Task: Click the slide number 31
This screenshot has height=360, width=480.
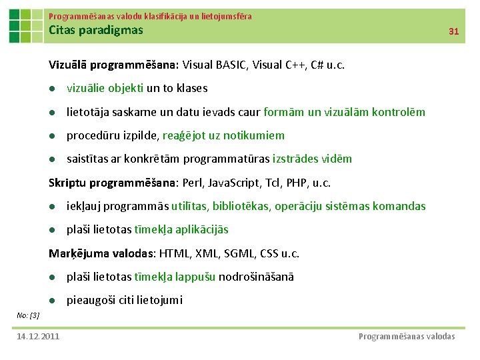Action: coord(454,31)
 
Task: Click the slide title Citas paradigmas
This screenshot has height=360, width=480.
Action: coord(96,30)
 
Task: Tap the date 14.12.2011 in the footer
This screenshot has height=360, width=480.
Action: coord(38,336)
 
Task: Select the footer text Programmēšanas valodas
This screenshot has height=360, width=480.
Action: coord(407,336)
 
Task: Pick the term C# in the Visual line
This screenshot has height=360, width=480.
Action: coord(311,65)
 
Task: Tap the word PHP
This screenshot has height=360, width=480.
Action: coord(291,183)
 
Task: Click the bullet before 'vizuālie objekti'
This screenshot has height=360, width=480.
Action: coord(52,89)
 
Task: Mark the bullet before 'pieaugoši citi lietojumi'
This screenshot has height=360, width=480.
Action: coord(52,301)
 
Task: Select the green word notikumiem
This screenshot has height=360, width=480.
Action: coord(254,135)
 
